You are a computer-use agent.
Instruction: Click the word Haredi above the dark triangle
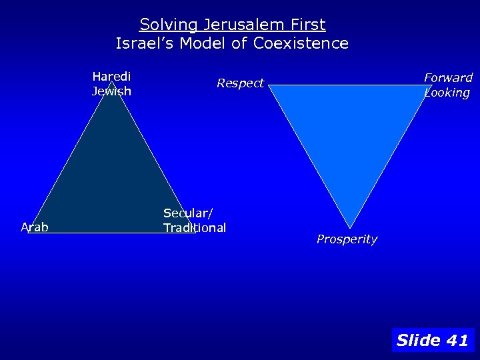[111, 76]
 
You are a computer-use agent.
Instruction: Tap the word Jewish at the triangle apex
[111, 91]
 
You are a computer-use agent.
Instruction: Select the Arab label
[35, 227]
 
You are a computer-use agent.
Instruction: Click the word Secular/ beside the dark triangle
[188, 213]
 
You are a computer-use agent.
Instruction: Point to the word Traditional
[195, 228]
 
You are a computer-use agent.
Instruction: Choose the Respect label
[240, 83]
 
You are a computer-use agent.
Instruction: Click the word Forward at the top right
[448, 78]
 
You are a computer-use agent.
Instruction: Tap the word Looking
[447, 93]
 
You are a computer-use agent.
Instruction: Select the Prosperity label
[347, 239]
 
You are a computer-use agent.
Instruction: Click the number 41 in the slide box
[457, 341]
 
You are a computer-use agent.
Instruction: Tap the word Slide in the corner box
[418, 341]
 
